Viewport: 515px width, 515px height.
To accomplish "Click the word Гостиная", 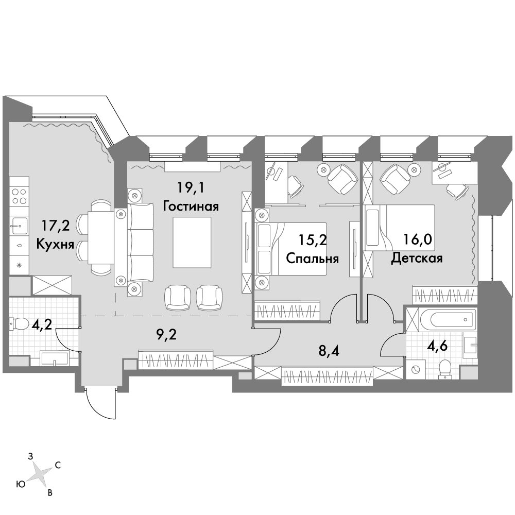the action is [x=191, y=207].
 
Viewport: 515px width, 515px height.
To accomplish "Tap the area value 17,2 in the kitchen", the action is [x=55, y=226].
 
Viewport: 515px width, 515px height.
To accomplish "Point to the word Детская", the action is [x=417, y=258].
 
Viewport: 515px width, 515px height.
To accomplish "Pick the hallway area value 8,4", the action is [x=329, y=351].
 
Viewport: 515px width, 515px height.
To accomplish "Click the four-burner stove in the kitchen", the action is [x=19, y=196].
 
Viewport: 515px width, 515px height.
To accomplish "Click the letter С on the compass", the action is [x=58, y=465].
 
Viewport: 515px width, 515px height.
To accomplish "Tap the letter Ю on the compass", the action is [x=21, y=484].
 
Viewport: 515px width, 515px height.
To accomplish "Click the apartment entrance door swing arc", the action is [x=95, y=410].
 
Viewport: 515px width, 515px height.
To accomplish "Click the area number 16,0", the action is [x=417, y=240].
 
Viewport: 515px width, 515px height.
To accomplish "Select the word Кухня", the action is [x=55, y=244].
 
